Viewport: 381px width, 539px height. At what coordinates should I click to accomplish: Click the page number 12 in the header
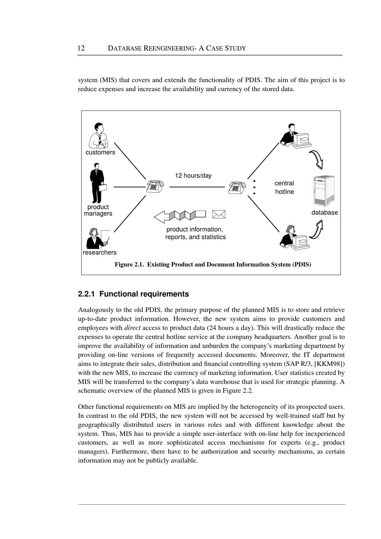[x=81, y=48]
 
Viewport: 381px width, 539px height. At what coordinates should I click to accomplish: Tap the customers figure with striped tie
[x=98, y=136]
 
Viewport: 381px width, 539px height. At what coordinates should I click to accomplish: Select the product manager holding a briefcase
[x=98, y=183]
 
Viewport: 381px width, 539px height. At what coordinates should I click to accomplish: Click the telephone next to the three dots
[x=237, y=187]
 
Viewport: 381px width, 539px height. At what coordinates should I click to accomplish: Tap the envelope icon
[x=219, y=214]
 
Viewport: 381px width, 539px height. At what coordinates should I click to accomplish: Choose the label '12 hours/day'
[x=193, y=175]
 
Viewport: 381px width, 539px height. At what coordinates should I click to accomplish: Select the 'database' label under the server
[x=325, y=212]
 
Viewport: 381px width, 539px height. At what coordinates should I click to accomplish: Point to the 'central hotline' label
[x=285, y=187]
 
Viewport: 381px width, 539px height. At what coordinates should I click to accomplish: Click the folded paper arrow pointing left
[x=180, y=216]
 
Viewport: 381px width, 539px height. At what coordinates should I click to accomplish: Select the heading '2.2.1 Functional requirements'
[x=133, y=294]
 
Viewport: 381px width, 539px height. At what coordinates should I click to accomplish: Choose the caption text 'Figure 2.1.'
[x=130, y=264]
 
